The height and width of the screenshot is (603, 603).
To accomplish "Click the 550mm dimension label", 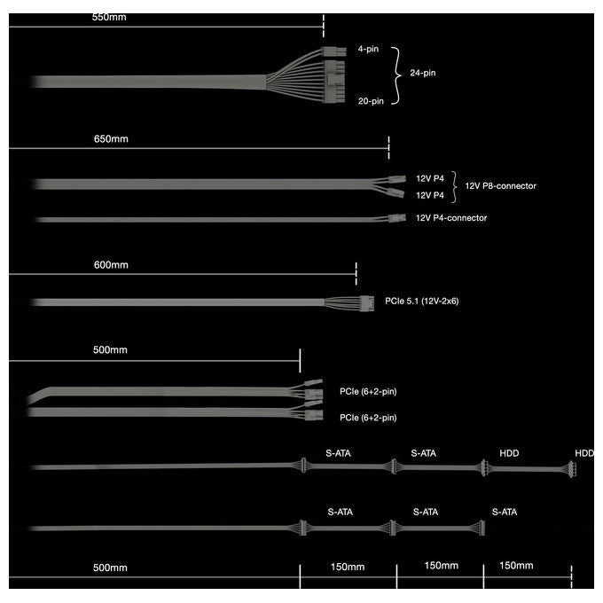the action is tap(109, 18).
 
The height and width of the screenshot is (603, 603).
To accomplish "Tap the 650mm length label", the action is tap(111, 139).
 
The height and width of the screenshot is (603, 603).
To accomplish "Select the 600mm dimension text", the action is tap(111, 265).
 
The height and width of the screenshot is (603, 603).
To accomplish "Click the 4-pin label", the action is tap(368, 49).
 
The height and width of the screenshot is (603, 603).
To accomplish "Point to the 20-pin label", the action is tap(371, 101).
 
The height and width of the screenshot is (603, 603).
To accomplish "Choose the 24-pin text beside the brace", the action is tap(423, 73).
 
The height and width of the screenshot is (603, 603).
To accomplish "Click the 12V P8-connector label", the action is tap(501, 186).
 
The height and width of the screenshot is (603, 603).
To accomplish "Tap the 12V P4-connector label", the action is tap(451, 218).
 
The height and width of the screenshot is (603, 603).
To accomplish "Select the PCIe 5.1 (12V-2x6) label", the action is tap(422, 301).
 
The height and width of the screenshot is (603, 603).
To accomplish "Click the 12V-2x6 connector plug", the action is tap(367, 303).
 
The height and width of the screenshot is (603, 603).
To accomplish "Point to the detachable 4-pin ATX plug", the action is tap(333, 51).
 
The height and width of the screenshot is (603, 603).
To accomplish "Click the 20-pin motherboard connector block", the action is tap(334, 82).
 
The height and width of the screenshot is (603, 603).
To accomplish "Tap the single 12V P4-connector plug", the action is tap(397, 218).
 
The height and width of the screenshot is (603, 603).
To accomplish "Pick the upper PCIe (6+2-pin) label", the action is tap(368, 391).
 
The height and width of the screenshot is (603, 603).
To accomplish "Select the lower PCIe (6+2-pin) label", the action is tap(368, 418).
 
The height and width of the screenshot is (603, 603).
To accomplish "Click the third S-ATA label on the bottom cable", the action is tap(505, 512).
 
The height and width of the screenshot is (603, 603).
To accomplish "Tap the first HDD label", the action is tap(509, 453).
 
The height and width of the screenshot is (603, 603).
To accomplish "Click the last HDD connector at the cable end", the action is tap(573, 469).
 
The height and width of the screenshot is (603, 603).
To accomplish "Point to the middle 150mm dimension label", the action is tap(442, 566).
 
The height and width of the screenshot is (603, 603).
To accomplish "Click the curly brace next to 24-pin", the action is tap(397, 75).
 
